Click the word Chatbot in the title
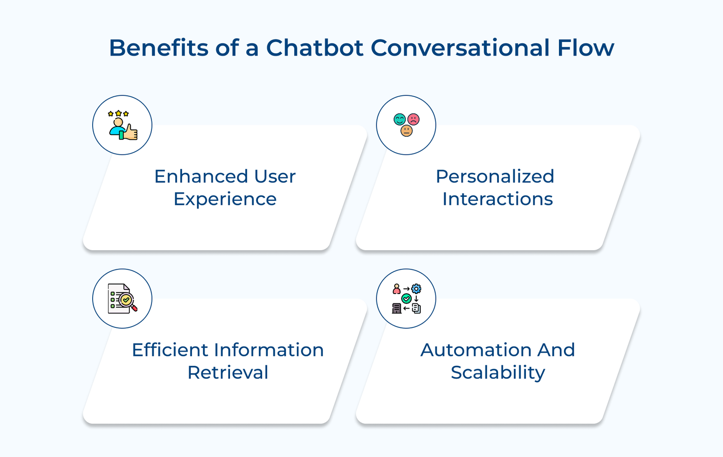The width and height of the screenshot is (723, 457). tap(315, 48)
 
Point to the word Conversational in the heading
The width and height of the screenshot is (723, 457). tap(460, 48)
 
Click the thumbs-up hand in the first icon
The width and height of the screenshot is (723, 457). tap(131, 132)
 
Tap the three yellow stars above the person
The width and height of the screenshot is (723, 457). tap(118, 113)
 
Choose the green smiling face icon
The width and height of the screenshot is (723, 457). tap(399, 120)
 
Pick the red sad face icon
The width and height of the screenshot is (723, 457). tap(413, 120)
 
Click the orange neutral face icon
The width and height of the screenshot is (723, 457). tap(406, 131)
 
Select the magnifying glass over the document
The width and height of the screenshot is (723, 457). tap(127, 301)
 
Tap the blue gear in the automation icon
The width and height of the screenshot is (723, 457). tap(416, 289)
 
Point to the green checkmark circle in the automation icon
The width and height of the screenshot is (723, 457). tap(406, 298)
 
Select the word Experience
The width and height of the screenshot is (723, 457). tap(225, 199)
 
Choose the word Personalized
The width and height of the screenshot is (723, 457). tap(495, 176)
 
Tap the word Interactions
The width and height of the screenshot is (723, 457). tap(497, 199)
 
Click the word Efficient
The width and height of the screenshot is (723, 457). tap(170, 350)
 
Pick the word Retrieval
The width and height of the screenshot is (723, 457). tap(228, 373)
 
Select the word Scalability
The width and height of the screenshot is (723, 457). tap(498, 373)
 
